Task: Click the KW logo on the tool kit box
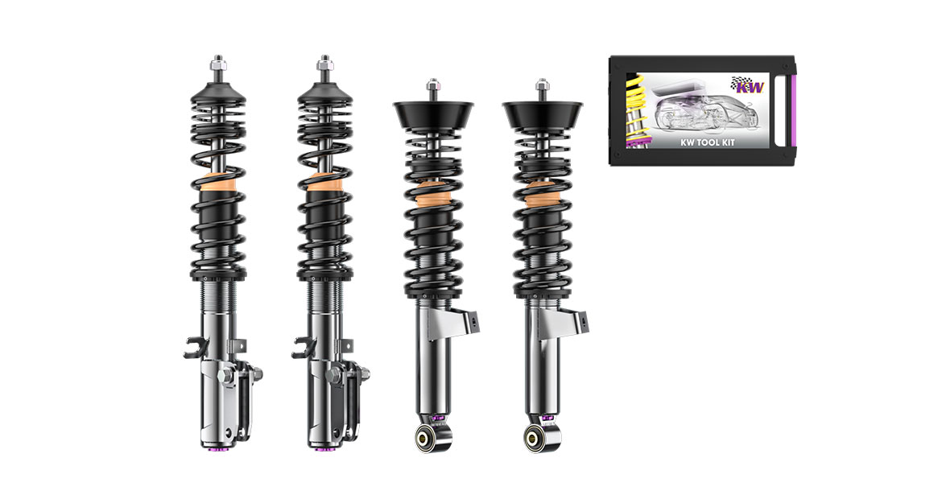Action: [747, 85]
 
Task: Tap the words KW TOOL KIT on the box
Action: [707, 142]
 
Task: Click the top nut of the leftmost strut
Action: [217, 62]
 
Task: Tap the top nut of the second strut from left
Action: [324, 62]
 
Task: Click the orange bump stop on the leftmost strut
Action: [217, 182]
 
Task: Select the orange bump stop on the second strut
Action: [325, 182]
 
